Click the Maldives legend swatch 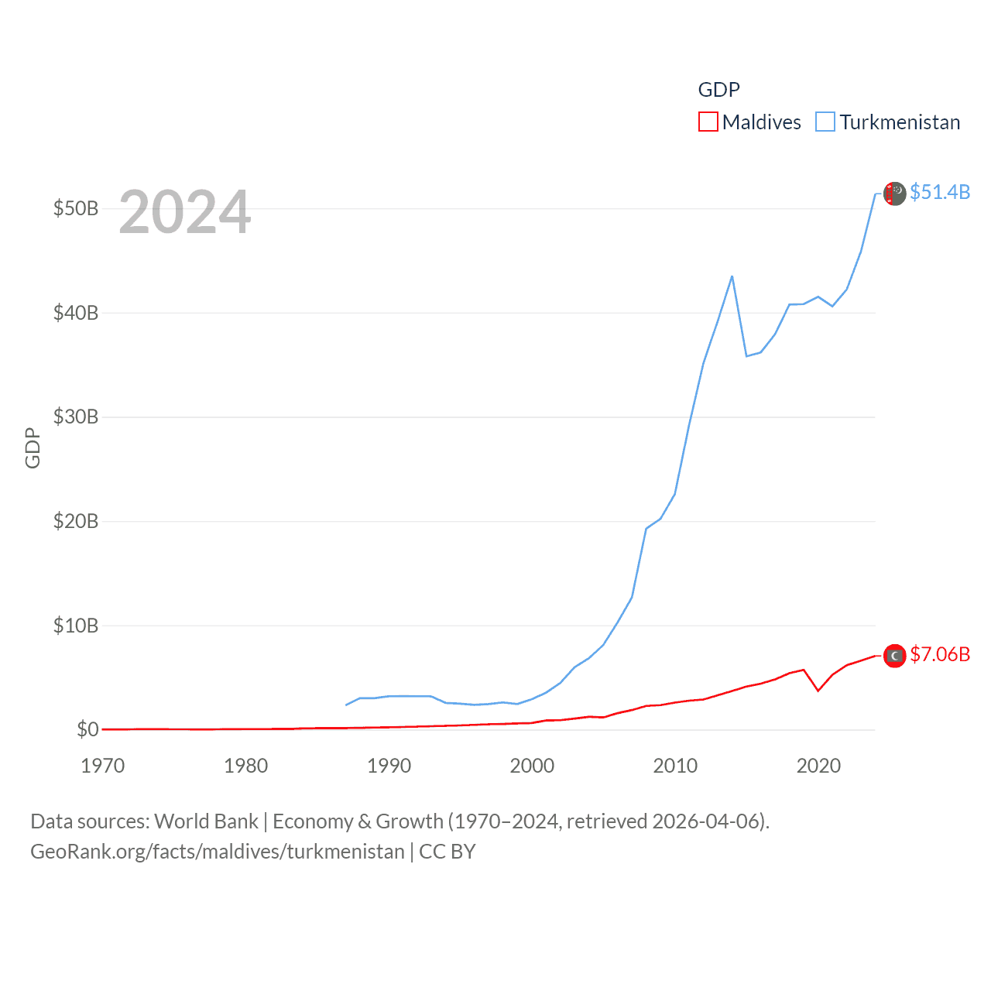click(708, 122)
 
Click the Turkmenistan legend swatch click(825, 122)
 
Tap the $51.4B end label click(940, 192)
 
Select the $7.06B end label click(940, 654)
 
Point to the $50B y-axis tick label click(75, 208)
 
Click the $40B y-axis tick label click(75, 313)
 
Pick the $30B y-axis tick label click(75, 417)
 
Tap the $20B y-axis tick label click(75, 521)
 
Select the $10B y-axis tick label click(75, 626)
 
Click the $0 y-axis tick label click(87, 729)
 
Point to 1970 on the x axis click(103, 766)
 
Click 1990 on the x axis click(389, 766)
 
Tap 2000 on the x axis click(532, 766)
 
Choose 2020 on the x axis click(818, 766)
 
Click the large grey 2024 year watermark click(185, 211)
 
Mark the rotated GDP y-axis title click(33, 447)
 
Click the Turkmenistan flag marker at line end click(895, 194)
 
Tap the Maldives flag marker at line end click(895, 656)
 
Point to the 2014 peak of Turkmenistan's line click(732, 276)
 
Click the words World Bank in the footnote click(206, 821)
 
